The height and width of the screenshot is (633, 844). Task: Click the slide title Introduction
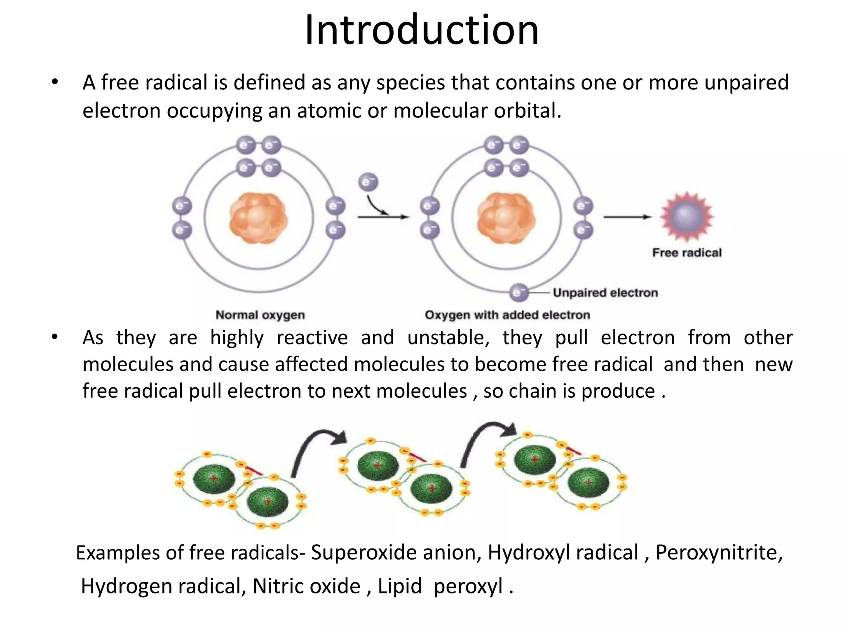422,30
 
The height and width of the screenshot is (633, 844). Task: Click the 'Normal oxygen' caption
260,315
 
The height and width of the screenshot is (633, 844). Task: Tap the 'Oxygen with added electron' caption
507,315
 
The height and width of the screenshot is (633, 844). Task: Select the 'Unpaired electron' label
605,293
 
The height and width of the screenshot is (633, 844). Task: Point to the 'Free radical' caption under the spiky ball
687,253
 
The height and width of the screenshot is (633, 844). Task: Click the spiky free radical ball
687,216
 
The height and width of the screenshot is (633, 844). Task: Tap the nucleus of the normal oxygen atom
258,218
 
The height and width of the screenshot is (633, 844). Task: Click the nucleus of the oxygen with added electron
506,218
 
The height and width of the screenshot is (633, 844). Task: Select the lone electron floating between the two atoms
368,183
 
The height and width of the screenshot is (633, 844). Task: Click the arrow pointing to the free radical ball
627,217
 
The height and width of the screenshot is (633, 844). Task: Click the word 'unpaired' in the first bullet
746,83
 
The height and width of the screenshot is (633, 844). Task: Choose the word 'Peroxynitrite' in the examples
719,553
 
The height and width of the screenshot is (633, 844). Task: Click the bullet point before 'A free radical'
55,82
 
